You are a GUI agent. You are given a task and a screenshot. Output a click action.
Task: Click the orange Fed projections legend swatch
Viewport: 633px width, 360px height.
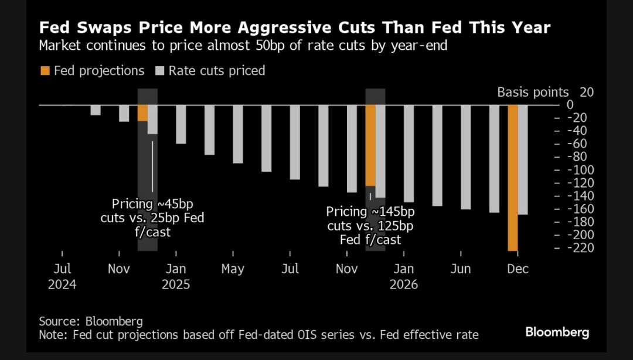coord(45,71)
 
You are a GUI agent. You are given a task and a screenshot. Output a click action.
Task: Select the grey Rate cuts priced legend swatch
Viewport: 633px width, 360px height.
coord(159,71)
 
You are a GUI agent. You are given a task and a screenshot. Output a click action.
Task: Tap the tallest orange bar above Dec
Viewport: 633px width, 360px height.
coord(513,178)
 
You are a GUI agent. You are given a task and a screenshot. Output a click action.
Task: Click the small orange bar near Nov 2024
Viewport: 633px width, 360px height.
coord(142,113)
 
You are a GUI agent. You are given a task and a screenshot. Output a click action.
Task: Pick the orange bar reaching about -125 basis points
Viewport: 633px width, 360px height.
coord(370,145)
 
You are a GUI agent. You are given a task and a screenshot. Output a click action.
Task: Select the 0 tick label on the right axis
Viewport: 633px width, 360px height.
coord(570,105)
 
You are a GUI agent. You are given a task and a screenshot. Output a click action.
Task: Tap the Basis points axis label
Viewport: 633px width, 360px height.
coord(533,92)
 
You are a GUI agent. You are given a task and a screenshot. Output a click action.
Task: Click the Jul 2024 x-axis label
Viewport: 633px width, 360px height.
coord(62,269)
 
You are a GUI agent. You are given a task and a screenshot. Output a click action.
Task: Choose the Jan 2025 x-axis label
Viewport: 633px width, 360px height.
coord(176,269)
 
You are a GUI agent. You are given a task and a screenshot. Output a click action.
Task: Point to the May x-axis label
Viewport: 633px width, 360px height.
coord(233,269)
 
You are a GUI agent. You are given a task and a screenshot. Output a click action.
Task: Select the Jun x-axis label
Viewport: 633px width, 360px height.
coord(461,269)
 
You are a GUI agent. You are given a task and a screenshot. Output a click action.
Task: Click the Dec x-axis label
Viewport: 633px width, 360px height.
coord(518,269)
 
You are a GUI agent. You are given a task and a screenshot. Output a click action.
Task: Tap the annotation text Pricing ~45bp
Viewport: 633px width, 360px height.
coord(152,205)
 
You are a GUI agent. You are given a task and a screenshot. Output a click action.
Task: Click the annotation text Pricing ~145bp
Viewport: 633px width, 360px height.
coord(370,212)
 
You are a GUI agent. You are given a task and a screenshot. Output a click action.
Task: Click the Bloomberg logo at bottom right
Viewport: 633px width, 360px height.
coord(557,332)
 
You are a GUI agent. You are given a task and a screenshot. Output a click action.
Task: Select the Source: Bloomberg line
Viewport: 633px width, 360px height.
coord(91,321)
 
